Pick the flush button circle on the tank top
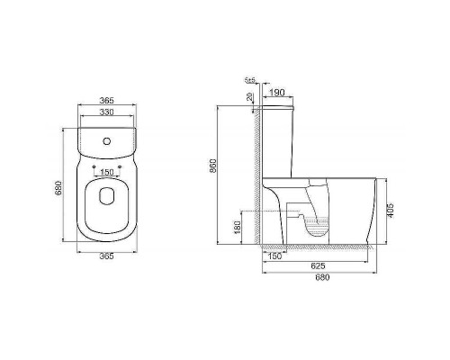106,141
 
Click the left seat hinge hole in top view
94,166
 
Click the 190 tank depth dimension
276,92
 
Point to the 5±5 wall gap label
250,80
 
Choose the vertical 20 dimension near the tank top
251,99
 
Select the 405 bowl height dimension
390,209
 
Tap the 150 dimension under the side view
274,256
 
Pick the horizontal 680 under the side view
322,277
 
